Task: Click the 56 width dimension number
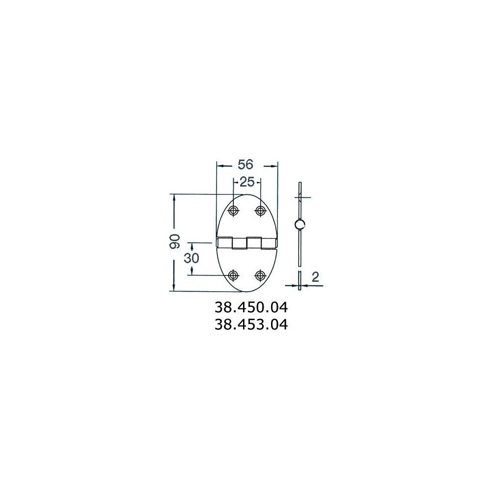[245, 164]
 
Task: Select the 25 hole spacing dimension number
[247, 182]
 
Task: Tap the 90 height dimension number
[175, 241]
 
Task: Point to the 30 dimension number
[191, 258]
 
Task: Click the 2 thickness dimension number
[315, 277]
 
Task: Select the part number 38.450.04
[251, 307]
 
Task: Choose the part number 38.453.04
[251, 325]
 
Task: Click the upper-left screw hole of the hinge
[233, 211]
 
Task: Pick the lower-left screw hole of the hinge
[233, 275]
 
